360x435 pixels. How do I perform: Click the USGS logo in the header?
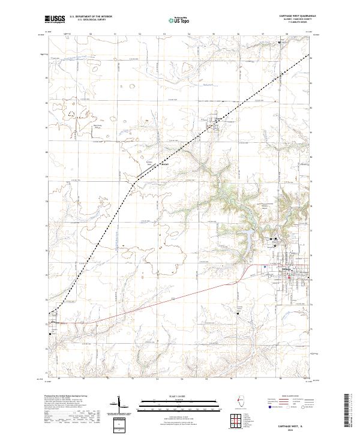point(55,20)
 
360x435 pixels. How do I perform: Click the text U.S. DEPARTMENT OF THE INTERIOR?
point(91,17)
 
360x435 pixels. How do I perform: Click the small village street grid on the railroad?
point(214,121)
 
